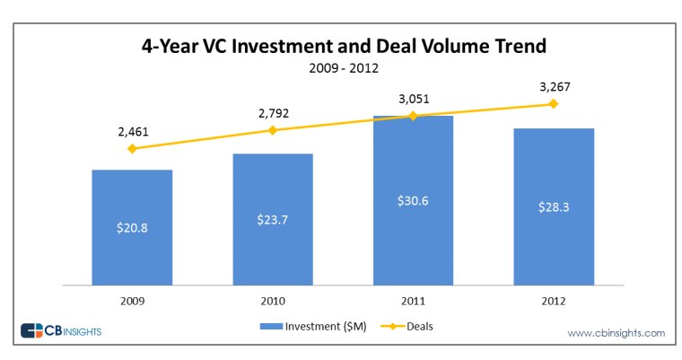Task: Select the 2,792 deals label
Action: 273,114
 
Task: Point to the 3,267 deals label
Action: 555,88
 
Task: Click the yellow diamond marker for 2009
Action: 132,148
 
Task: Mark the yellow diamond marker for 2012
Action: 554,104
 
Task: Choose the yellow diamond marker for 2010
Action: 273,130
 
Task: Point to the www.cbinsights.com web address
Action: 616,333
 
